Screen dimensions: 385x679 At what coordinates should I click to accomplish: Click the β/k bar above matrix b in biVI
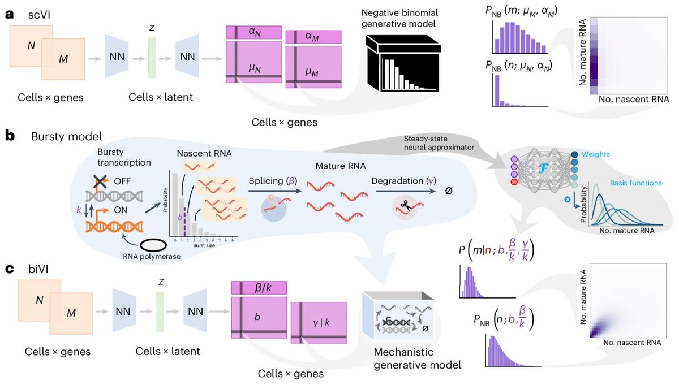pos(260,287)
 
